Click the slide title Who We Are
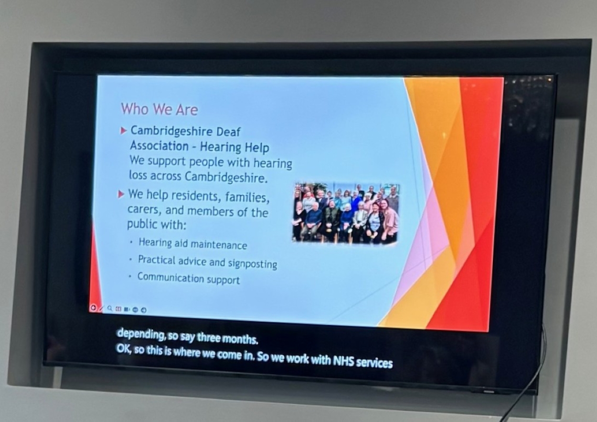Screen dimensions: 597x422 tap(160, 109)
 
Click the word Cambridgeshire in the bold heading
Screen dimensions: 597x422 tap(171, 131)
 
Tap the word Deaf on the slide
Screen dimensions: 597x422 tap(228, 132)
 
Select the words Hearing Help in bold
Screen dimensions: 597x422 tap(235, 148)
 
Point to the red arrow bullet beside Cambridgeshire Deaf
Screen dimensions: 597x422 tap(123, 131)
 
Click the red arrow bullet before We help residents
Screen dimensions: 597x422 tap(121, 194)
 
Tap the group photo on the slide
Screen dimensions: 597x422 tap(346, 213)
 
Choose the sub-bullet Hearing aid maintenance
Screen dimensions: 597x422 tap(192, 244)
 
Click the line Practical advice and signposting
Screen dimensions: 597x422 tap(207, 262)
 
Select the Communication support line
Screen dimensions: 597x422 tap(189, 278)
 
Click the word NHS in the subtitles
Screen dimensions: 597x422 tap(343, 361)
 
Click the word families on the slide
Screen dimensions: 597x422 tap(247, 198)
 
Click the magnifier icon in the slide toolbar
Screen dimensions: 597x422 tap(109, 308)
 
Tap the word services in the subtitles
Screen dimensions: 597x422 tap(374, 363)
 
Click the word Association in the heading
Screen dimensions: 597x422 tap(159, 146)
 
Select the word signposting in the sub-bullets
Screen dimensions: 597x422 tap(252, 264)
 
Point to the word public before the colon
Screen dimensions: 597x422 tap(142, 223)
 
